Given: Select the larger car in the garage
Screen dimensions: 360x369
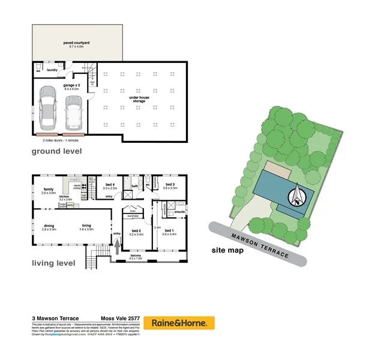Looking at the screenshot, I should (47, 109).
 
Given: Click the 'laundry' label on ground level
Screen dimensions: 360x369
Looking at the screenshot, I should (52, 70).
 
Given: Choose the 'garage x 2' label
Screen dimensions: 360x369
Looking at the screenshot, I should (73, 86).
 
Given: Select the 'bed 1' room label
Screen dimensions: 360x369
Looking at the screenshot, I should (169, 231).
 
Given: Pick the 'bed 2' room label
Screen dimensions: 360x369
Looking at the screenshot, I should (136, 231).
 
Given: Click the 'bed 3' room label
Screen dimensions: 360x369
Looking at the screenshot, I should (170, 185).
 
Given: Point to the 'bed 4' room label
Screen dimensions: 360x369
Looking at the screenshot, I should (109, 185).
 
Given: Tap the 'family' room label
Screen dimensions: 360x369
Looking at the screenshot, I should (48, 189).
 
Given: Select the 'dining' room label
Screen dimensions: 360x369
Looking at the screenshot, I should (49, 226).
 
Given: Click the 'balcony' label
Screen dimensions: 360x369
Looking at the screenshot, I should (136, 256).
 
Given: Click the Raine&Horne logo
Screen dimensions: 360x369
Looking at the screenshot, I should (182, 323).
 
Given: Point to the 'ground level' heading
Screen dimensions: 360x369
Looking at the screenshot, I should (56, 151).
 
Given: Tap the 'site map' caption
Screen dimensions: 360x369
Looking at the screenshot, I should (227, 250).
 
